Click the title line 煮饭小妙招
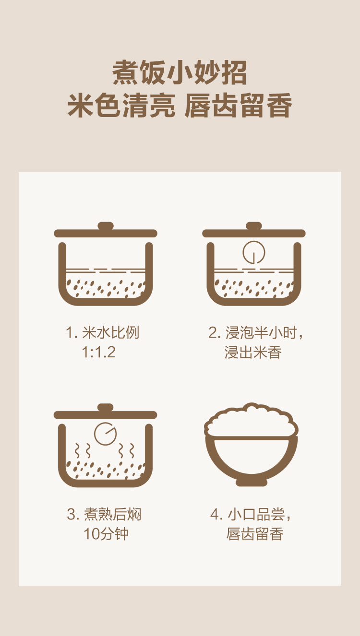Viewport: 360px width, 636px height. click(180, 73)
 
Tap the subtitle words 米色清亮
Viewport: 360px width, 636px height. click(121, 106)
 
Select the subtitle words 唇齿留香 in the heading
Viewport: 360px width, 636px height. click(239, 106)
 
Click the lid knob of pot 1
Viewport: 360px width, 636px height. click(106, 226)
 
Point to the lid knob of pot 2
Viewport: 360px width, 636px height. click(254, 226)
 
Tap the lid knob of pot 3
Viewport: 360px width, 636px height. click(106, 407)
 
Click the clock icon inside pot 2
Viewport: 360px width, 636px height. click(254, 252)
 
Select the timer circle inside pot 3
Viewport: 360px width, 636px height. click(106, 434)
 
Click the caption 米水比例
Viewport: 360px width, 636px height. click(111, 332)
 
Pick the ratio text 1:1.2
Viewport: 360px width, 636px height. click(98, 352)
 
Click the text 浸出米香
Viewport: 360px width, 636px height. click(253, 353)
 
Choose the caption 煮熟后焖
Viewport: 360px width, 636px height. click(112, 514)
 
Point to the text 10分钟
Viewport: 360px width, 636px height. click(106, 534)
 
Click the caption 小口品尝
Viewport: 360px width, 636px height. click(256, 514)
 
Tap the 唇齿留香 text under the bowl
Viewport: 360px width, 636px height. click(255, 534)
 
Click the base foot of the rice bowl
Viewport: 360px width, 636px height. click(252, 482)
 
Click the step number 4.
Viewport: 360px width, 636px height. click(215, 514)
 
